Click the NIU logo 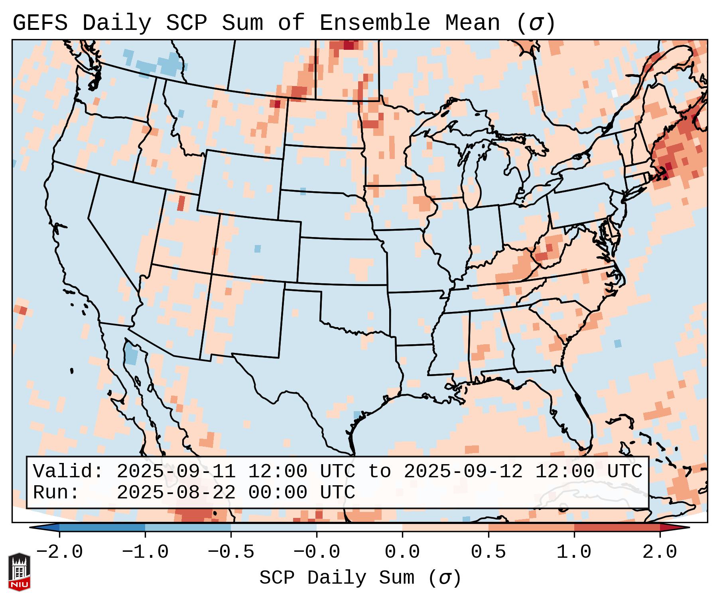(19, 571)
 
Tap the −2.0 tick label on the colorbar (59, 552)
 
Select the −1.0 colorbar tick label (145, 552)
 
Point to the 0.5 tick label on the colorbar (489, 552)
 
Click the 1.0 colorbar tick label (574, 552)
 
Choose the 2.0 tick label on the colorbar (660, 552)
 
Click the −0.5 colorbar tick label (231, 552)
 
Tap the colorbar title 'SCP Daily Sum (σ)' (360, 578)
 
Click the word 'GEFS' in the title (40, 23)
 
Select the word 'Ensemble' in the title (375, 23)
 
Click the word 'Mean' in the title (473, 23)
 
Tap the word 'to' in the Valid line (379, 471)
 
